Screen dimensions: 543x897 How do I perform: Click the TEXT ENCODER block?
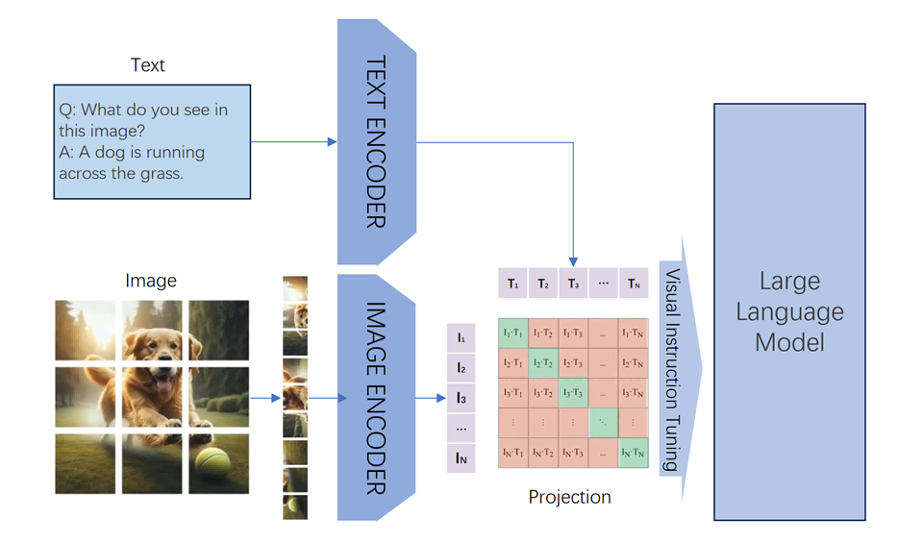[x=376, y=141]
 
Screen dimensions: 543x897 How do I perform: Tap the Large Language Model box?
[x=788, y=311]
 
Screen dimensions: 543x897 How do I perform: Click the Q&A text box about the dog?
[x=152, y=141]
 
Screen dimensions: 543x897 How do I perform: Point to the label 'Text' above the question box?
[x=148, y=65]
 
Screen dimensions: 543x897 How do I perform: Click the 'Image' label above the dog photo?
[x=151, y=281]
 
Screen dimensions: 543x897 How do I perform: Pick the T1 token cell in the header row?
[x=512, y=284]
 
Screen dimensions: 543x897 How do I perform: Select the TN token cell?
[x=634, y=284]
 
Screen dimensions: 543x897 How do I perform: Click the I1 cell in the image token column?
[x=461, y=338]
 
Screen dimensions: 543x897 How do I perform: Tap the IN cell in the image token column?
[x=461, y=458]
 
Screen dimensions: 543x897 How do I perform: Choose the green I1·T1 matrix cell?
[x=512, y=333]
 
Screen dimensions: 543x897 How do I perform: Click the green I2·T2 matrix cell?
[x=543, y=362]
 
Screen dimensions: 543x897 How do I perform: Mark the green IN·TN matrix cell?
[x=634, y=453]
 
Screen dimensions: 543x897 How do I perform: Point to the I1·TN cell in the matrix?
[x=634, y=333]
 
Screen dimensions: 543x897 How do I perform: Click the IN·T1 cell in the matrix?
[x=512, y=453]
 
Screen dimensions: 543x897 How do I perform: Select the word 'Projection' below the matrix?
[x=569, y=497]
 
